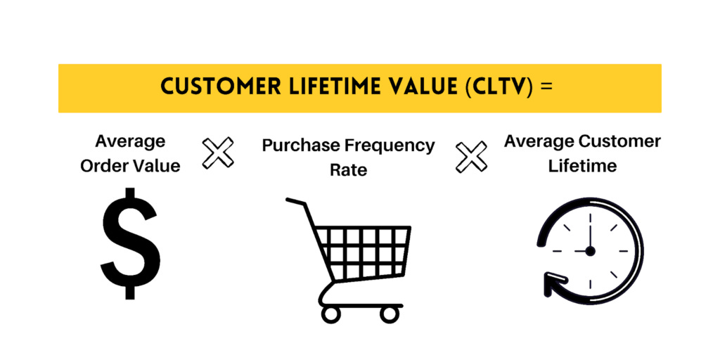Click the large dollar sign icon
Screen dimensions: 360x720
[x=129, y=243]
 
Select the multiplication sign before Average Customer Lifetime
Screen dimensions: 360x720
[x=471, y=157]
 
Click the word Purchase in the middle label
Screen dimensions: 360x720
[x=302, y=146]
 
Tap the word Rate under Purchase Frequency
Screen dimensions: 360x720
[x=348, y=170]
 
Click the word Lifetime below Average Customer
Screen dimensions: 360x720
[x=583, y=166]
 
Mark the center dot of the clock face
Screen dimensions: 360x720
[x=589, y=250]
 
